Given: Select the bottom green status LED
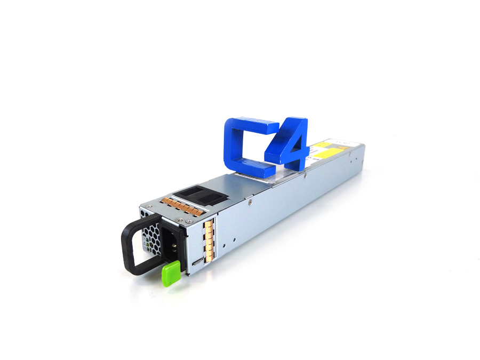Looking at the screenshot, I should tap(147, 249).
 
